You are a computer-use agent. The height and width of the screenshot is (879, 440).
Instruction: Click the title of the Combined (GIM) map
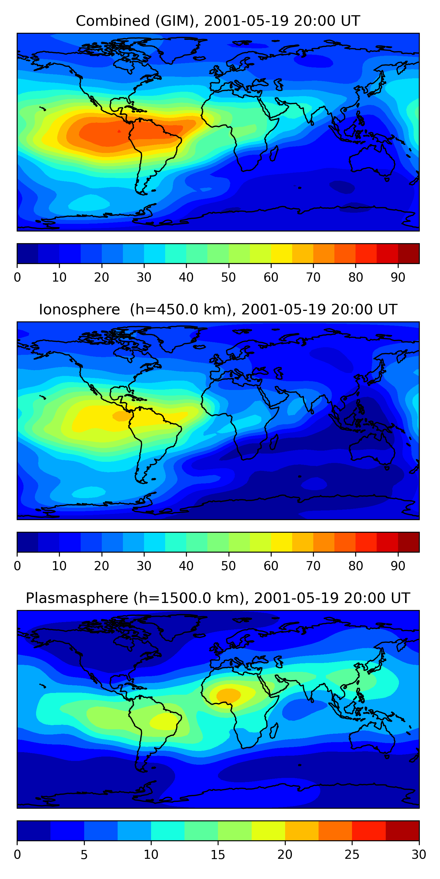tap(218, 21)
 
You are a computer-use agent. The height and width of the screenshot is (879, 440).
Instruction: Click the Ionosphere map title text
tap(218, 309)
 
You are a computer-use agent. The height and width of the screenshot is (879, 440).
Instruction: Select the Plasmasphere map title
tap(218, 598)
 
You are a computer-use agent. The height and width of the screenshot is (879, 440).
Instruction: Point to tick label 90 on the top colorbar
tap(398, 277)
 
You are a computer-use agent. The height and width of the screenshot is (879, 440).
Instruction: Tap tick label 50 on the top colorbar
tap(229, 277)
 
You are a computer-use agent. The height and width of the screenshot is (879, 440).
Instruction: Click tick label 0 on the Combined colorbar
tap(17, 277)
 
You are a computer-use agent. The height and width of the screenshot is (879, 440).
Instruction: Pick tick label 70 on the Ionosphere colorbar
tap(313, 566)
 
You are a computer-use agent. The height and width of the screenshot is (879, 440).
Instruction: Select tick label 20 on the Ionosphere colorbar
tap(101, 566)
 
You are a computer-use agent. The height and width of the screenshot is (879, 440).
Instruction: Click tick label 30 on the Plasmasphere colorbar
tap(419, 854)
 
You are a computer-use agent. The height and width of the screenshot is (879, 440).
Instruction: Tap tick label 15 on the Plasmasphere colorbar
tap(218, 854)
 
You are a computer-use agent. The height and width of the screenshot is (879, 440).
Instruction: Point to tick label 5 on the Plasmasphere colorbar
tap(84, 854)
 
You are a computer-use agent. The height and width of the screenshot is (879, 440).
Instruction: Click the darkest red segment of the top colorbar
tap(409, 253)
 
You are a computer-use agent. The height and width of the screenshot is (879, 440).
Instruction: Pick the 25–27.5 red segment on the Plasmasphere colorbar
tap(369, 831)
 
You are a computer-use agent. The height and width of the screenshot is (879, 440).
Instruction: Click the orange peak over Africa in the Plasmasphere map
tap(229, 695)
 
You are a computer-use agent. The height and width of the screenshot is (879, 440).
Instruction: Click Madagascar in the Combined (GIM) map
tap(274, 153)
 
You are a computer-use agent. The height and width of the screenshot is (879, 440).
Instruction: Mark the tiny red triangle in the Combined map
tap(119, 131)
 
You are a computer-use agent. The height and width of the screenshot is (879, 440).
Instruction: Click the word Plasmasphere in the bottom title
tap(77, 598)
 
